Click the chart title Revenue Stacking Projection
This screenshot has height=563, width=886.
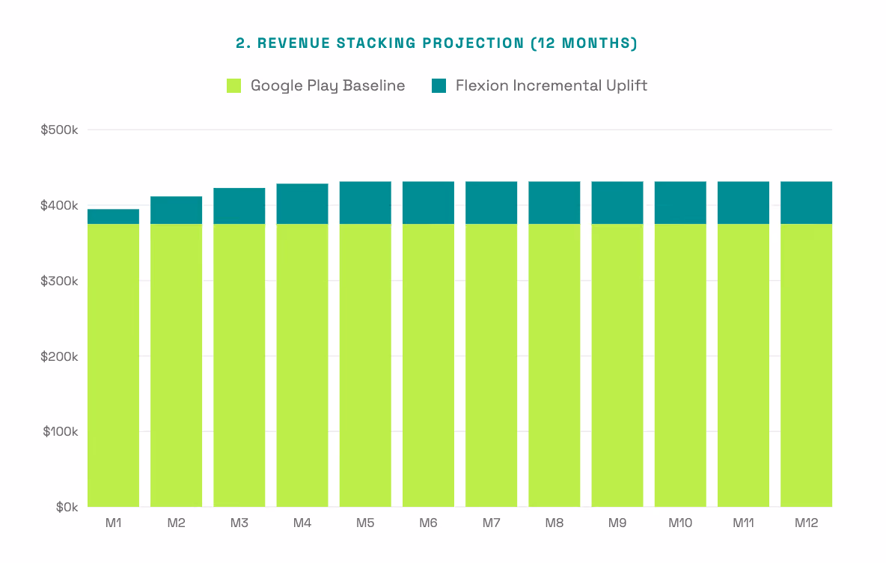[x=436, y=43]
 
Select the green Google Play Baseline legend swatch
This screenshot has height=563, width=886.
[x=233, y=85]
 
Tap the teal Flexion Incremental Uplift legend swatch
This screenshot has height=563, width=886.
[x=439, y=85]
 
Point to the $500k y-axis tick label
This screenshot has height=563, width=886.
[x=59, y=130]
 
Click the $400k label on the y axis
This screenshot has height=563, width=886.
[x=59, y=205]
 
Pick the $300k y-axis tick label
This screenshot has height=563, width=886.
[x=59, y=281]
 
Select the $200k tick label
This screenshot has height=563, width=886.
[x=59, y=356]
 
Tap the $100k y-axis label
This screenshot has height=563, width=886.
[x=61, y=432]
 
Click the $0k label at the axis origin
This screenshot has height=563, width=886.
[x=67, y=507]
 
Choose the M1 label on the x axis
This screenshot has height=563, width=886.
[x=114, y=523]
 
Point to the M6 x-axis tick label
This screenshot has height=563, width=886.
[x=428, y=523]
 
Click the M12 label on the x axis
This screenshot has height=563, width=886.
[x=807, y=523]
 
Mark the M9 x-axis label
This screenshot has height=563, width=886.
[x=617, y=523]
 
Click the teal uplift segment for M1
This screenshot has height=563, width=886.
[x=114, y=216]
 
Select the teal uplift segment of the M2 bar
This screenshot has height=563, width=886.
[x=177, y=210]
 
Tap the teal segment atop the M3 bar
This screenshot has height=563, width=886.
[x=239, y=206]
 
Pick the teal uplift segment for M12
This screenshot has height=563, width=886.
[x=807, y=203]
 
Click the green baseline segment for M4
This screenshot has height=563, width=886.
[x=302, y=365]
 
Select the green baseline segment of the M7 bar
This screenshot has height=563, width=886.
[x=492, y=365]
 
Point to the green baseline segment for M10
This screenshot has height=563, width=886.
[x=680, y=365]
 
